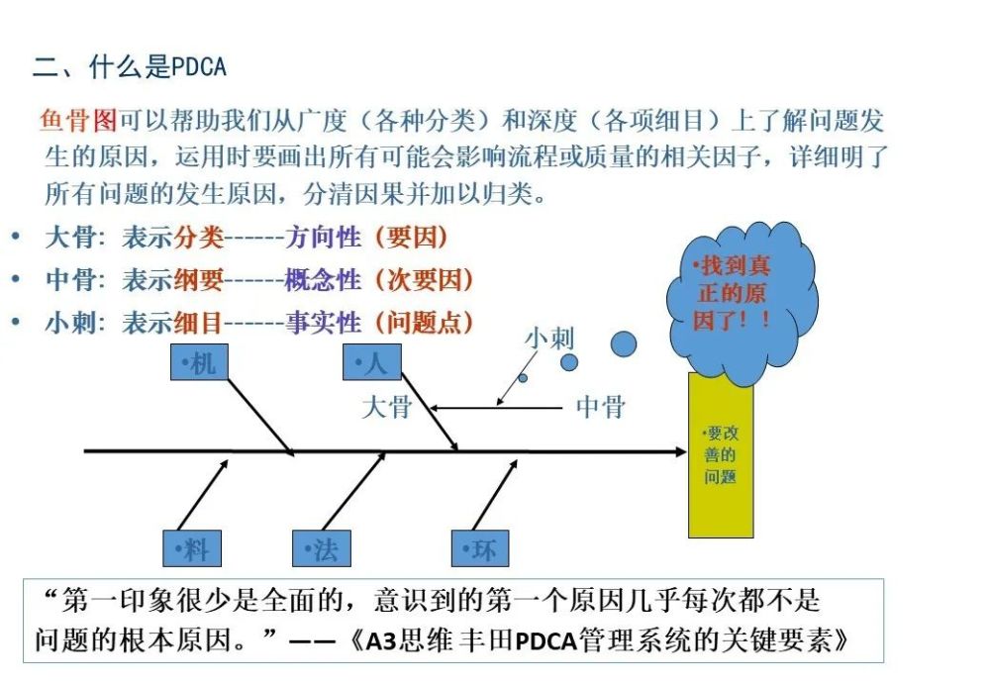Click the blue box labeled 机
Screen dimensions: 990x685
tap(199, 361)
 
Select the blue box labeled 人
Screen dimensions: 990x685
tap(372, 361)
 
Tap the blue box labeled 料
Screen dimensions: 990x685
tap(192, 548)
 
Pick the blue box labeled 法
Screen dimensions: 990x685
tap(322, 548)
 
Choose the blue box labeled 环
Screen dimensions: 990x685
tap(480, 548)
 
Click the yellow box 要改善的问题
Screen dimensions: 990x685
tap(721, 454)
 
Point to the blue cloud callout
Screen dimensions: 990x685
tap(742, 303)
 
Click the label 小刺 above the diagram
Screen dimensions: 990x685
tap(549, 339)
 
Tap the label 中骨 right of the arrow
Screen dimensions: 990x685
tap(601, 407)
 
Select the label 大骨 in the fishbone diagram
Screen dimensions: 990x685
tap(386, 407)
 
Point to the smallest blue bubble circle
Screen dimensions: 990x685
tap(523, 378)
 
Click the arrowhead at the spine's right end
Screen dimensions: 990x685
tap(682, 451)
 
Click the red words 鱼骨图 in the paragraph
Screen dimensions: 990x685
tap(78, 120)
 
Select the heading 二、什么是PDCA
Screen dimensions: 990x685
tap(130, 66)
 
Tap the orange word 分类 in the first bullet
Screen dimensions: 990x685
tap(198, 238)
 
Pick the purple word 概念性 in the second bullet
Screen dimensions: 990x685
tap(323, 280)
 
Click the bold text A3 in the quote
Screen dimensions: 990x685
tap(381, 641)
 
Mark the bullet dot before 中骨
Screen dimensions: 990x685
tap(16, 279)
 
